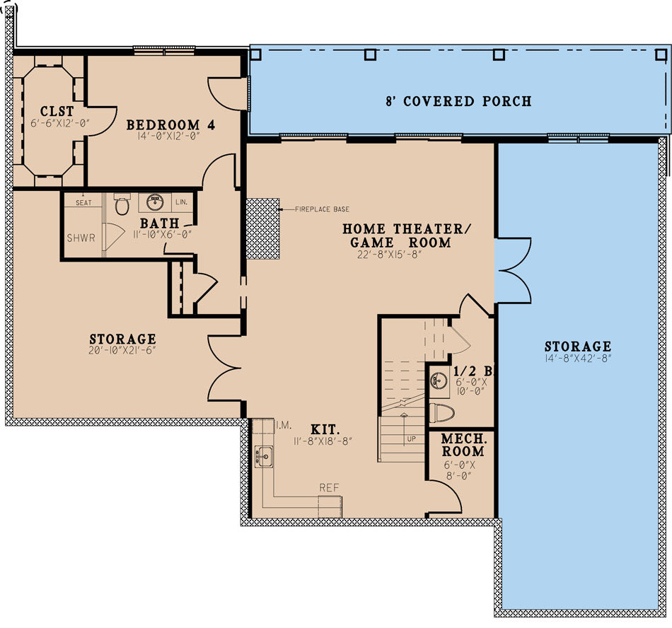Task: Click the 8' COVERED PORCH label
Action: click(458, 101)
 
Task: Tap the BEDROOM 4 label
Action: click(170, 125)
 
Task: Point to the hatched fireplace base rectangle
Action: click(262, 228)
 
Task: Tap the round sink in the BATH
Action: click(155, 204)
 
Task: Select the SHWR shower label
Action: click(81, 238)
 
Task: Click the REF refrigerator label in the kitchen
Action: click(329, 488)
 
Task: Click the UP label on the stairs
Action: click(412, 438)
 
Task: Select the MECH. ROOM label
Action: click(463, 445)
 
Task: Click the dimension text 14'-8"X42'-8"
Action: click(577, 359)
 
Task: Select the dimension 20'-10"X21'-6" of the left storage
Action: click(122, 351)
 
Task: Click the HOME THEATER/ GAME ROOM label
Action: click(406, 235)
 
